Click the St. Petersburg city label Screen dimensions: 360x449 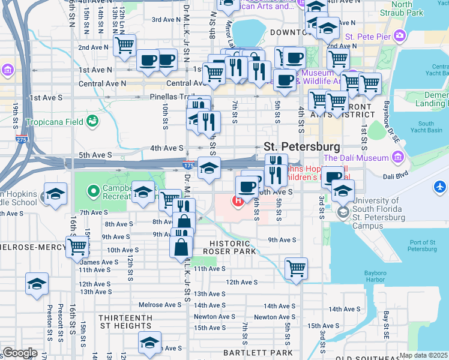(x=302, y=146)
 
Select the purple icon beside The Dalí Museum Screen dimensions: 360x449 (x=397, y=158)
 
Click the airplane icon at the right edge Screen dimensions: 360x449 (x=441, y=187)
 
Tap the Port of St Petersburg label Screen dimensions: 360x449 (x=422, y=245)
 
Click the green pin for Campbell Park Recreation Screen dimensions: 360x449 (x=93, y=192)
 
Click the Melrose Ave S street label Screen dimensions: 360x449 (x=159, y=305)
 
